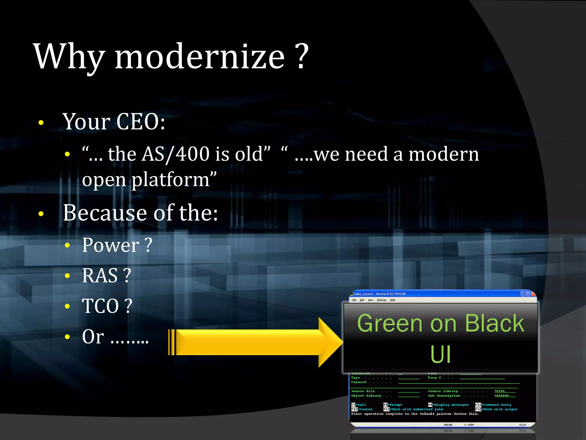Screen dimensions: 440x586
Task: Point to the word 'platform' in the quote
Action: [x=171, y=180]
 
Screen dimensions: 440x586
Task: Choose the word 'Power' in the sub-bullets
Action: [x=110, y=245]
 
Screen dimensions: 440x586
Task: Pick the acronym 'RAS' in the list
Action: [x=100, y=276]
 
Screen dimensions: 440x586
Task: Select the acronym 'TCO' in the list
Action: [x=100, y=306]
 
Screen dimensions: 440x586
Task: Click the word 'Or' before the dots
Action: [x=93, y=337]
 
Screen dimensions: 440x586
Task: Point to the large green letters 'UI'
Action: [x=440, y=355]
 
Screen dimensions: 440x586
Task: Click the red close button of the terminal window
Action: [x=533, y=294]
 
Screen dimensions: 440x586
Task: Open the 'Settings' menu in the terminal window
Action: [x=381, y=300]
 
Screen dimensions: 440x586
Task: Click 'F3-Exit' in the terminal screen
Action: [x=359, y=405]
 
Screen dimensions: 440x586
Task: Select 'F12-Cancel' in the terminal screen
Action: [x=362, y=409]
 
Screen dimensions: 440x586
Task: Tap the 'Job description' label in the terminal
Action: [x=444, y=396]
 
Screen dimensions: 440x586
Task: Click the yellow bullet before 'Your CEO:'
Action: [x=41, y=123]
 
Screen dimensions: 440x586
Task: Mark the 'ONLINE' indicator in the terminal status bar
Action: [x=448, y=425]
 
